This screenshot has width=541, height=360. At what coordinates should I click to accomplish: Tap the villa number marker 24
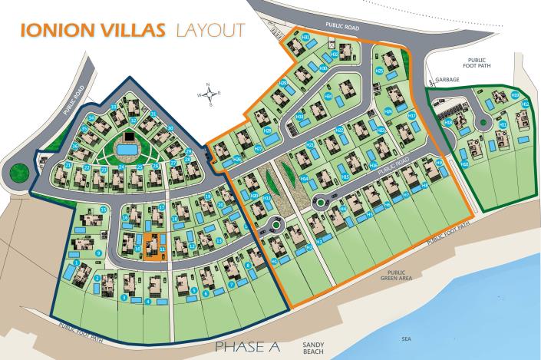click(121, 167)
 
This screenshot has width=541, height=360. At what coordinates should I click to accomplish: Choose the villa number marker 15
click(103, 210)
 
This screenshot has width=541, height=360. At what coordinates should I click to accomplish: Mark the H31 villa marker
click(305, 37)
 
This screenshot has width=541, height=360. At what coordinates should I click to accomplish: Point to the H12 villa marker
click(525, 104)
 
